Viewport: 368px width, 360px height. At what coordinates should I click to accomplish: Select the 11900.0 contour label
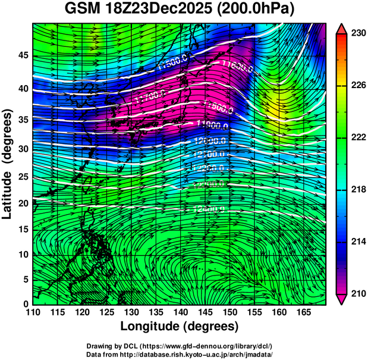pos(210,124)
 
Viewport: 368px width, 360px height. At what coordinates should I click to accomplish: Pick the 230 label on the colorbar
pos(357,34)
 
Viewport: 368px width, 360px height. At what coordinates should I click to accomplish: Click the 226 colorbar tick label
pos(357,86)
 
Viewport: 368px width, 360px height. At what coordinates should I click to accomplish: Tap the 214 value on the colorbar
pos(357,242)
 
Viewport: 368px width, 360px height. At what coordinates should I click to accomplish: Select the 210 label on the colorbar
pos(357,293)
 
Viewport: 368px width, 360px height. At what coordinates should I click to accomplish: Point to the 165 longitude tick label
pos(302,311)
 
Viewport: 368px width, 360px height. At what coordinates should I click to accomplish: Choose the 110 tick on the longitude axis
pos(33,311)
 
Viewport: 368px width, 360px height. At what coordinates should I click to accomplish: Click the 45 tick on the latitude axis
pos(22,55)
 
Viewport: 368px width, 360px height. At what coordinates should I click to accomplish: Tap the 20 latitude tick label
pos(22,203)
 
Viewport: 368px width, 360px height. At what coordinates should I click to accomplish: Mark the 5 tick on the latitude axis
pos(24,279)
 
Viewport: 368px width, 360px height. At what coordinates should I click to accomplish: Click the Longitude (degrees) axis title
pos(180,326)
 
